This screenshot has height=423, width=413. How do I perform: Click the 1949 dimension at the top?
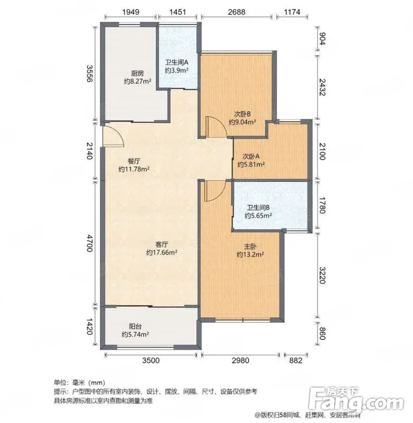130,12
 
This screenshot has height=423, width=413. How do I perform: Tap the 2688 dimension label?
237,12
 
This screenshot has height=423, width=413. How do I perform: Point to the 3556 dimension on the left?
89,73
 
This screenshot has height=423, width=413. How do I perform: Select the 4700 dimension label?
89,243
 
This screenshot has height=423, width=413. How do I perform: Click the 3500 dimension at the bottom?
151,361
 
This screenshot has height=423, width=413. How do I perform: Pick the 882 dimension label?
296,361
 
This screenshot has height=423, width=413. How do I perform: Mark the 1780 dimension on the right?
322,206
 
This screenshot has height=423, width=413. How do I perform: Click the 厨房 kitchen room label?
137,73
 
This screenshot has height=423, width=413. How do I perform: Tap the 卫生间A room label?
177,62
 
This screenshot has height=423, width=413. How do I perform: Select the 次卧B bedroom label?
242,114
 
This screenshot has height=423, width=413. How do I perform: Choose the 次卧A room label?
251,157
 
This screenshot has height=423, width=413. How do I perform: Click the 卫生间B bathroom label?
258,208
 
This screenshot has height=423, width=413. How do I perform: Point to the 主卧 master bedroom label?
250,246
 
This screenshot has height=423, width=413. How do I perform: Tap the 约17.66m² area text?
162,253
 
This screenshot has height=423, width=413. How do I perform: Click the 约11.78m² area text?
134,169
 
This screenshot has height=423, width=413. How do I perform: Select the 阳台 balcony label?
135,326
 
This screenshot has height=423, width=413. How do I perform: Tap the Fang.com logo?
356,401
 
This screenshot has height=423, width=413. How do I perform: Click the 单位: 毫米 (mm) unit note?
79,382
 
